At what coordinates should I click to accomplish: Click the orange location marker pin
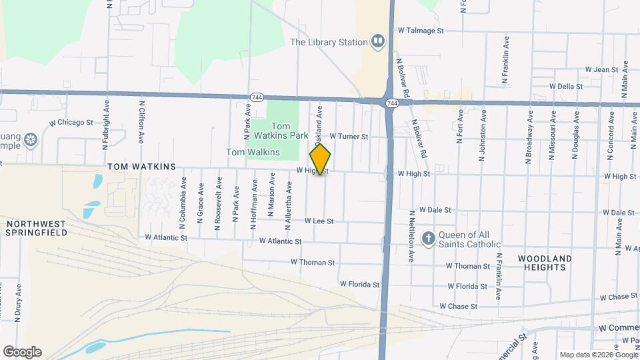click(320, 159)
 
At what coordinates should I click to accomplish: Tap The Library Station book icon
click(378, 42)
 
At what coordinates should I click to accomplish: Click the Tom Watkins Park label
click(289, 131)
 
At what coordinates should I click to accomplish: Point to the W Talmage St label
click(421, 31)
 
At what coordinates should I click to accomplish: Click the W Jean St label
click(602, 69)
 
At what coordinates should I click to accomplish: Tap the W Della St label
click(566, 86)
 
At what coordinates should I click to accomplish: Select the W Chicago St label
click(71, 123)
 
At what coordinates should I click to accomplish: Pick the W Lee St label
click(319, 221)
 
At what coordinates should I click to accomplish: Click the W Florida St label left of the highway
click(359, 284)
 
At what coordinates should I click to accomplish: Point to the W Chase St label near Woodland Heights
click(619, 297)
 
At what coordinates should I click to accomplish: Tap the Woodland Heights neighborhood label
click(545, 263)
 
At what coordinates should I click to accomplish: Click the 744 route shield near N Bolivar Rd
click(392, 103)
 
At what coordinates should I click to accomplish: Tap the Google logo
click(22, 352)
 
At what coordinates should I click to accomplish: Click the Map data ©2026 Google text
click(598, 355)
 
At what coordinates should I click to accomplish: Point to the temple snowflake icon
click(29, 140)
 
